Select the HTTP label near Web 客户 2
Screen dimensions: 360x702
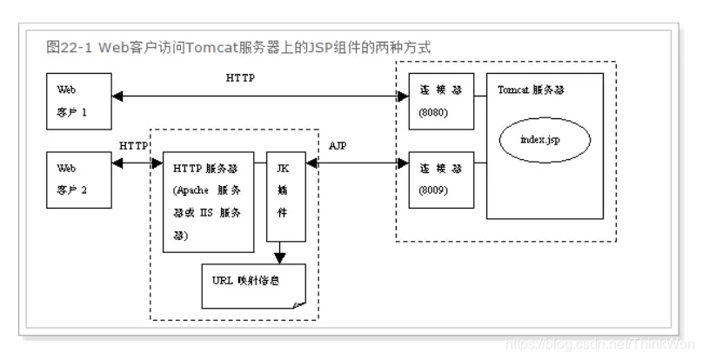pos(133,146)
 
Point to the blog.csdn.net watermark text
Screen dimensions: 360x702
pos(600,344)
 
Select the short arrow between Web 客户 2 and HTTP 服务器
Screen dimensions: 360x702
pos(137,163)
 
